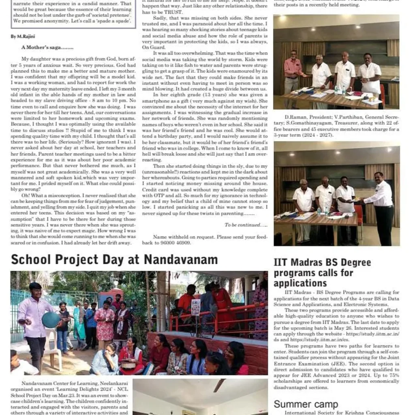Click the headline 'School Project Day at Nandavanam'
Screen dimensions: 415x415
(114, 259)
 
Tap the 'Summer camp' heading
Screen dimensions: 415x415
(306, 404)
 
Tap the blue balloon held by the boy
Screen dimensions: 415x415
(51, 320)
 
